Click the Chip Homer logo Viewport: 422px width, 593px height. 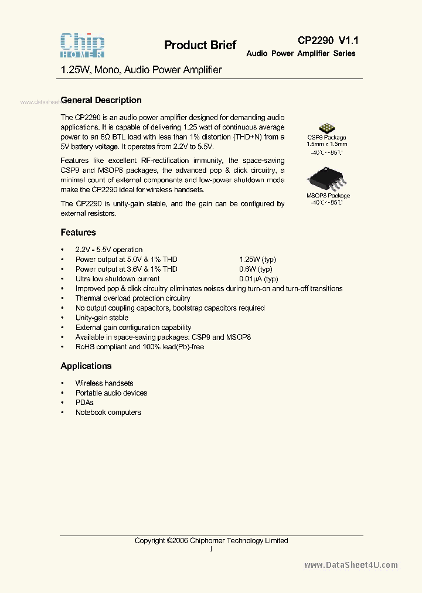pos(83,45)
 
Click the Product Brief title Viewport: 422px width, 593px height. pos(200,45)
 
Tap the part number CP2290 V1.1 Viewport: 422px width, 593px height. pos(328,40)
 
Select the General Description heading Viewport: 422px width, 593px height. pos(101,100)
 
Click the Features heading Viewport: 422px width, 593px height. pos(78,232)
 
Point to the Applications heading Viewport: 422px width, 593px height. pos(86,366)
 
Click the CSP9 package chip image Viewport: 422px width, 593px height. pos(326,129)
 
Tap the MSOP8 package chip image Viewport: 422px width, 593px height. pos(327,178)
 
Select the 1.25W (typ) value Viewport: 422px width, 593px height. pos(257,259)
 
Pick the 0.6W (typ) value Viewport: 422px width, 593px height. pos(256,269)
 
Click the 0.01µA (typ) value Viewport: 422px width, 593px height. pos(258,279)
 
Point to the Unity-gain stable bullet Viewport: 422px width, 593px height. pos(102,318)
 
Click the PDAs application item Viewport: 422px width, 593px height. pos(84,403)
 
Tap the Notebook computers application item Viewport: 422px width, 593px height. pos(108,413)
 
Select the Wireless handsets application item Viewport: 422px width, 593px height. pos(104,383)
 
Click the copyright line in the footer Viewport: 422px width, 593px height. pos(211,541)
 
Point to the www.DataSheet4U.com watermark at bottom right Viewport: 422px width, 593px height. pos(351,565)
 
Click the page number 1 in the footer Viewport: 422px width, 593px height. pos(211,549)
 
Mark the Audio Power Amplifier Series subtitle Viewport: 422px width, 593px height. pos(301,53)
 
